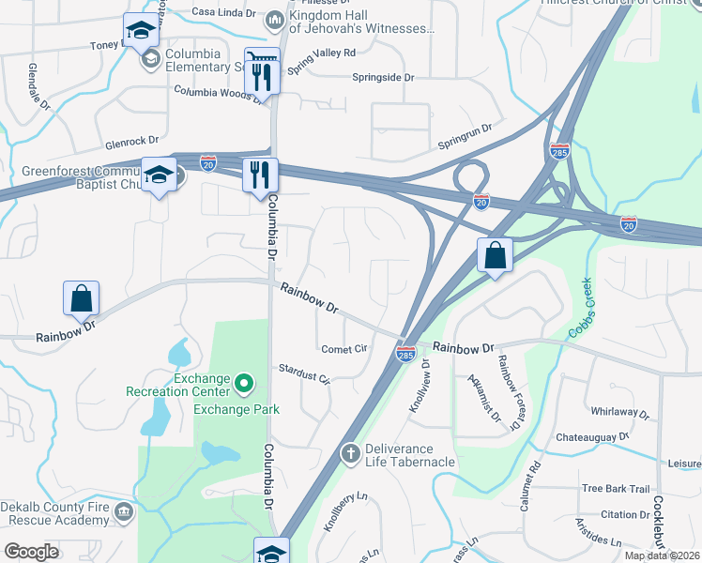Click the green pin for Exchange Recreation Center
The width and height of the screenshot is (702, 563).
coord(244,383)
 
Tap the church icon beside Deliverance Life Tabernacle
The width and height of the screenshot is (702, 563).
coord(350,454)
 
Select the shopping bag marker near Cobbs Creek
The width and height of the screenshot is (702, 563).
coord(495,255)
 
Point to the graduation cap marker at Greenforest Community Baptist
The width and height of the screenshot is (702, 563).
coord(159,175)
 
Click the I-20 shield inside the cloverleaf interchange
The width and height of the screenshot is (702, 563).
coord(481,201)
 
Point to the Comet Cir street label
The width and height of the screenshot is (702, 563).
coord(344,348)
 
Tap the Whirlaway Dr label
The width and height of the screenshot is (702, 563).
coord(620,412)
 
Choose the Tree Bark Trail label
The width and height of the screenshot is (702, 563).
coord(616,489)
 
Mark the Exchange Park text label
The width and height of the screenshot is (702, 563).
coord(229,409)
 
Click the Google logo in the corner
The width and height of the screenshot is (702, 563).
coord(31,552)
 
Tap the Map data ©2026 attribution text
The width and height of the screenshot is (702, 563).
coord(662,555)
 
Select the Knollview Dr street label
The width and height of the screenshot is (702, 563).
coord(419,385)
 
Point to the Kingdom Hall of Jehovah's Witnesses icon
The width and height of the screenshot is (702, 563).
coord(275,20)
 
